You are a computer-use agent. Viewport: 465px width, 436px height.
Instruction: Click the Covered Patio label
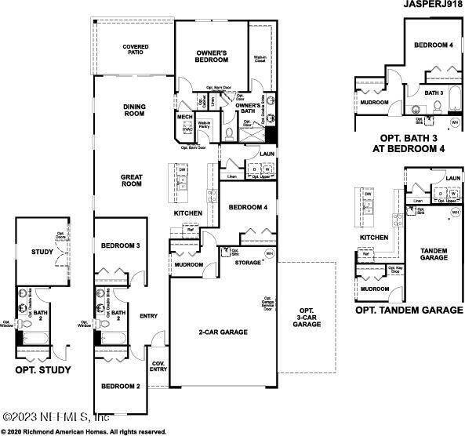coord(135,51)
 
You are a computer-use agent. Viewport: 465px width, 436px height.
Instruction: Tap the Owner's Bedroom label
coord(211,56)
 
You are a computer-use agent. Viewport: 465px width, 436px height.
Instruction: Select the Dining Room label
coord(135,111)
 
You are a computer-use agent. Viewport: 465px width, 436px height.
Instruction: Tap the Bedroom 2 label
coord(121,386)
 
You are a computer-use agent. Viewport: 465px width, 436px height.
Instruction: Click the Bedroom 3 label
coord(121,245)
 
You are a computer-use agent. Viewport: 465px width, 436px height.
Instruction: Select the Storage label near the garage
coord(249,263)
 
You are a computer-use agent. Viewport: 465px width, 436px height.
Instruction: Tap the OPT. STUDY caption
coord(42,370)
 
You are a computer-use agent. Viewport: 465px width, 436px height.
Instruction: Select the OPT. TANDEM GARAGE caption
coord(409,311)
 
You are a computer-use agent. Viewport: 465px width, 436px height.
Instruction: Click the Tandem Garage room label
coord(434,254)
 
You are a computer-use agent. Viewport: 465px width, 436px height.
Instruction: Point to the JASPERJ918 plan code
coord(430,6)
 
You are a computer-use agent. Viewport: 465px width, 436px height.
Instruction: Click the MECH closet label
coord(184,118)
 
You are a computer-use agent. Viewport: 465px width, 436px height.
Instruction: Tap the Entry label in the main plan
coord(148,316)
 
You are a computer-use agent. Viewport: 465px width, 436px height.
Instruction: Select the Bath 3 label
coord(434,93)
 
